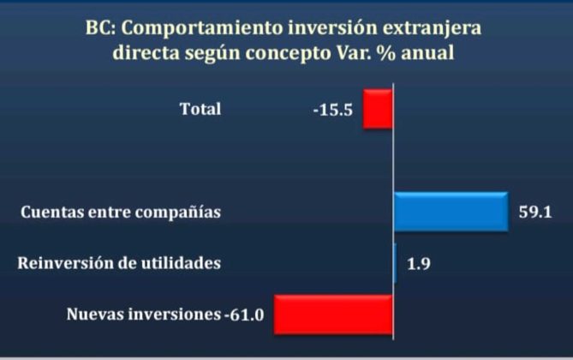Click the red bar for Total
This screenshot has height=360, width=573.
coord(378,109)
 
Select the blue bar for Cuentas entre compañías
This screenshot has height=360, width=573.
coord(451,212)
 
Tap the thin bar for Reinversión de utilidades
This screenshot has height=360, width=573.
coord(395,263)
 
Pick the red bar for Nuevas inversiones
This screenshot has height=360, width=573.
coord(333,315)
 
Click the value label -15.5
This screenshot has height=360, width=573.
coord(333,110)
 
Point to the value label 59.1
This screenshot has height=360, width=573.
coord(535,213)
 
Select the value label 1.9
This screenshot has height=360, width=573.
coord(419,263)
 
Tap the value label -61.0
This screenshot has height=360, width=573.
coord(244,315)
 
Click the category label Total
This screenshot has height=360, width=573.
coord(200,109)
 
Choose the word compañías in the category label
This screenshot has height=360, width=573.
coord(178,213)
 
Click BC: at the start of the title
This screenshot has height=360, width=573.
coord(100,27)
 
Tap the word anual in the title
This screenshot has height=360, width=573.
coord(427,52)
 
